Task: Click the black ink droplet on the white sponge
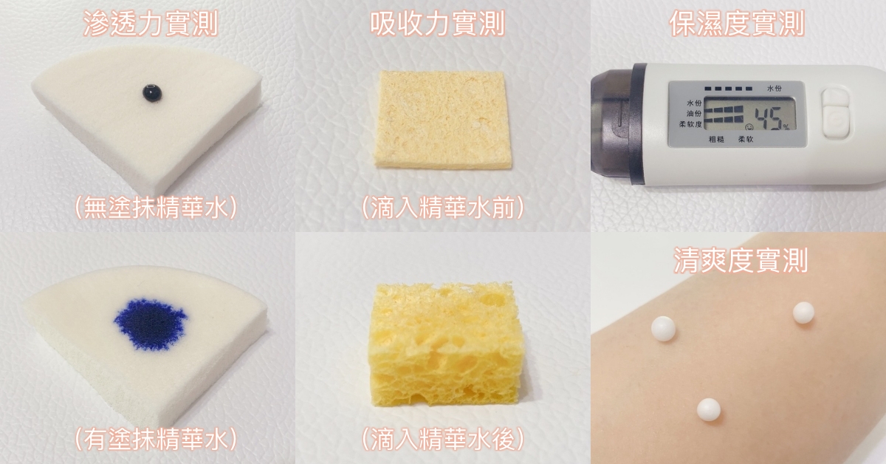coord(152,93)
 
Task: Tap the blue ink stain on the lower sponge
coord(151,324)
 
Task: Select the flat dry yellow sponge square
coord(442,120)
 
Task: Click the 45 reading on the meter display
coord(769,118)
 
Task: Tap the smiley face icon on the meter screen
coord(748,126)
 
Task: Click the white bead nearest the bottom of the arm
coord(708,410)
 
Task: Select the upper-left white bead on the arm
coord(663,329)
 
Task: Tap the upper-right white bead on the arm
coord(803,313)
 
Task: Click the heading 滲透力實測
coord(151,24)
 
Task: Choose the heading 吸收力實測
coord(438,24)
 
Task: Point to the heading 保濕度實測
coord(738,24)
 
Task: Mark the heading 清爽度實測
coord(741,261)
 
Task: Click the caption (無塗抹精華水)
coord(156,208)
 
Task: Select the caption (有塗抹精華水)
coord(156,439)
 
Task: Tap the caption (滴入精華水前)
coord(443,208)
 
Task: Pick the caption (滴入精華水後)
coord(443,439)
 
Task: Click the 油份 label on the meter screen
coord(694,114)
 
